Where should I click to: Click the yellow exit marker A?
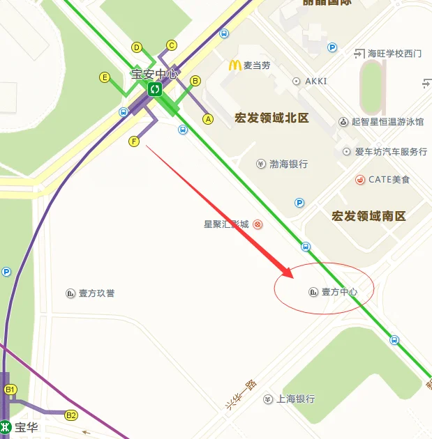tap(207, 119)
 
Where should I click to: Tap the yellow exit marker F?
tap(135, 141)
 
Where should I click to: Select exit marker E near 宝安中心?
tap(105, 77)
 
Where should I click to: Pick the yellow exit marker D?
tap(137, 47)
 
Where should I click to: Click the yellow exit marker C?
tap(172, 45)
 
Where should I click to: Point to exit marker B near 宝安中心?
tap(195, 81)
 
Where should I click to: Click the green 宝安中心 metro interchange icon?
tap(155, 88)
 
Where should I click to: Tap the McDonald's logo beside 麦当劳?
tap(234, 66)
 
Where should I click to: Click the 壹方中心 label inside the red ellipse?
tap(339, 292)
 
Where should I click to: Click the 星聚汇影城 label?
tap(226, 224)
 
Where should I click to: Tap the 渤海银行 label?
tap(288, 164)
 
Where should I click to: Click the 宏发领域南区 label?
tap(368, 216)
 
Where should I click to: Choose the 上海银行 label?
tap(295, 399)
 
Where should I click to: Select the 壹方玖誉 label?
tap(96, 293)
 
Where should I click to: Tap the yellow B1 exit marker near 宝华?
tap(10, 390)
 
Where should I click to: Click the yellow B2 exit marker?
tap(71, 415)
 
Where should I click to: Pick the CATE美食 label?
tap(389, 180)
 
